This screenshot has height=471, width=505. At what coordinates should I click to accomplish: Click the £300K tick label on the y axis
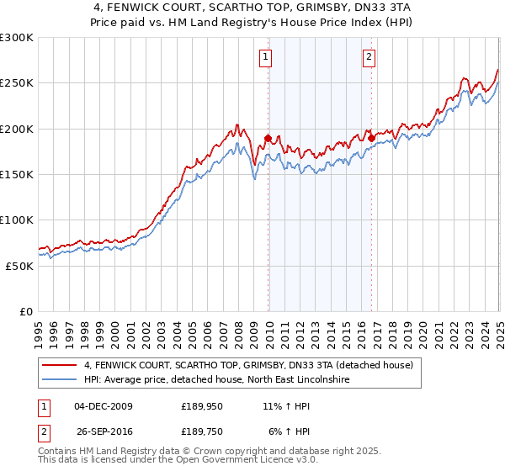17,38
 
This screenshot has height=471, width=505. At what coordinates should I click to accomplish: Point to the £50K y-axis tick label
19,266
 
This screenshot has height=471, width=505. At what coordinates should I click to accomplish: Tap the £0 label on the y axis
25,311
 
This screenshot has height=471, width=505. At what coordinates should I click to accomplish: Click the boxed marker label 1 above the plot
265,57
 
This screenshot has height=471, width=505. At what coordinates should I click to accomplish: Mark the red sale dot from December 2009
268,138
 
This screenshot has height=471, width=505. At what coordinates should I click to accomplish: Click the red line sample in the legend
60,366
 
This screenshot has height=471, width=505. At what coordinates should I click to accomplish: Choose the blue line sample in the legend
60,380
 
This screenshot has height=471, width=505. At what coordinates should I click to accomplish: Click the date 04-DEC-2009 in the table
104,406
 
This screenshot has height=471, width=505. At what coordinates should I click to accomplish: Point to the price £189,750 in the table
203,431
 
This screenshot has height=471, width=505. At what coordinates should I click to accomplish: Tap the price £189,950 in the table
203,406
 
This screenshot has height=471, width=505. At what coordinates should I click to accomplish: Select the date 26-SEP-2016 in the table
104,431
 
